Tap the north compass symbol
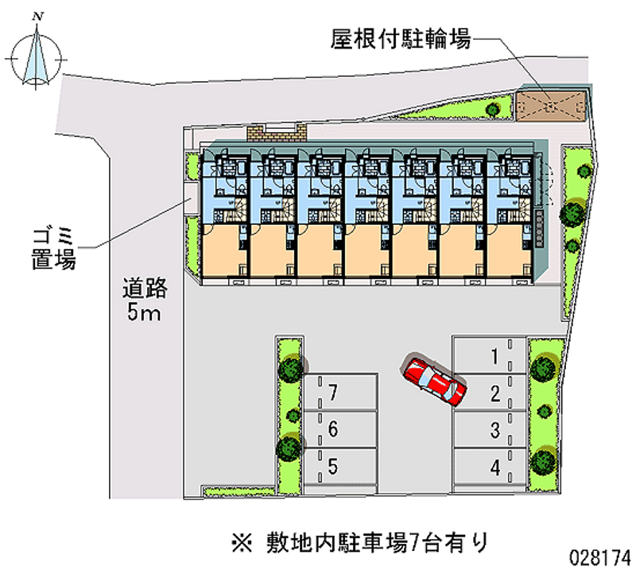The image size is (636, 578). pyautogui.click(x=35, y=57)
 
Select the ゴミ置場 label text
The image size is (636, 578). pyautogui.click(x=54, y=247)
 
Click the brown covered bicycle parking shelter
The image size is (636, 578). pyautogui.click(x=550, y=103)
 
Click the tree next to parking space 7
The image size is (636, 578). pyautogui.click(x=290, y=368)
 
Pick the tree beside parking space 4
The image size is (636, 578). pyautogui.click(x=544, y=459)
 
